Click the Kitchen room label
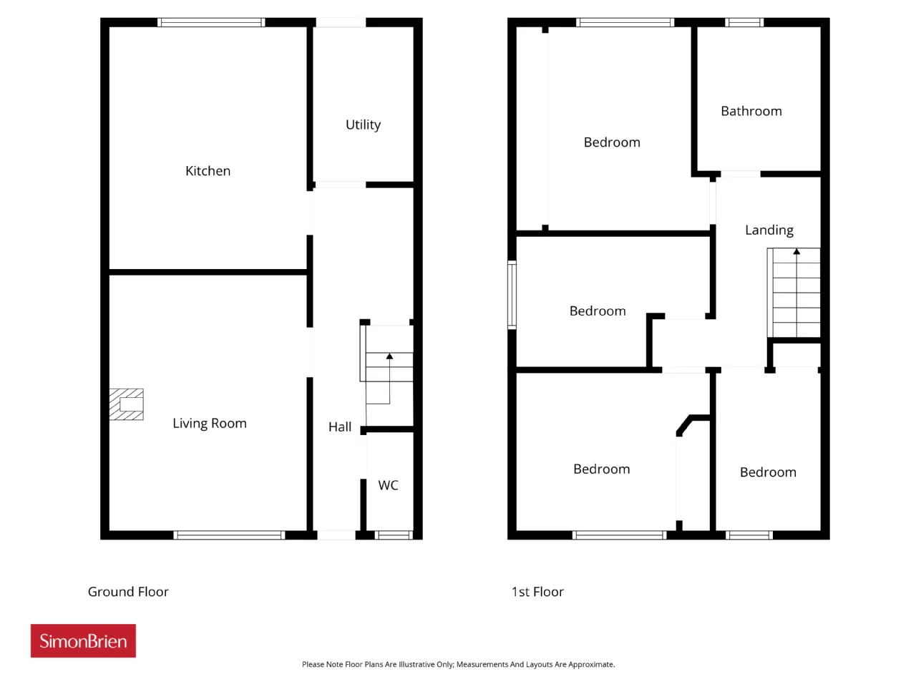tap(208, 170)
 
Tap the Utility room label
tap(363, 125)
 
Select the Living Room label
tap(210, 424)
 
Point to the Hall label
tap(340, 427)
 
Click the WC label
tap(388, 485)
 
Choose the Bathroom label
tap(751, 111)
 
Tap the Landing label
tap(769, 230)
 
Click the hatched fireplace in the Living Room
tap(127, 404)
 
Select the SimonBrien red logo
tap(83, 640)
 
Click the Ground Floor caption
tap(128, 592)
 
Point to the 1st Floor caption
tap(537, 592)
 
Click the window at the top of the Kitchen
tap(211, 22)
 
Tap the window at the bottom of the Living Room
tap(229, 535)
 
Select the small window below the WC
tap(394, 535)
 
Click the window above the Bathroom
tap(744, 22)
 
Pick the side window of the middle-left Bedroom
tap(512, 295)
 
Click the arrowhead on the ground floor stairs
tap(389, 356)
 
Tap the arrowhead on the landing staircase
tap(796, 251)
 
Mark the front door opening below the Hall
tap(336, 535)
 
